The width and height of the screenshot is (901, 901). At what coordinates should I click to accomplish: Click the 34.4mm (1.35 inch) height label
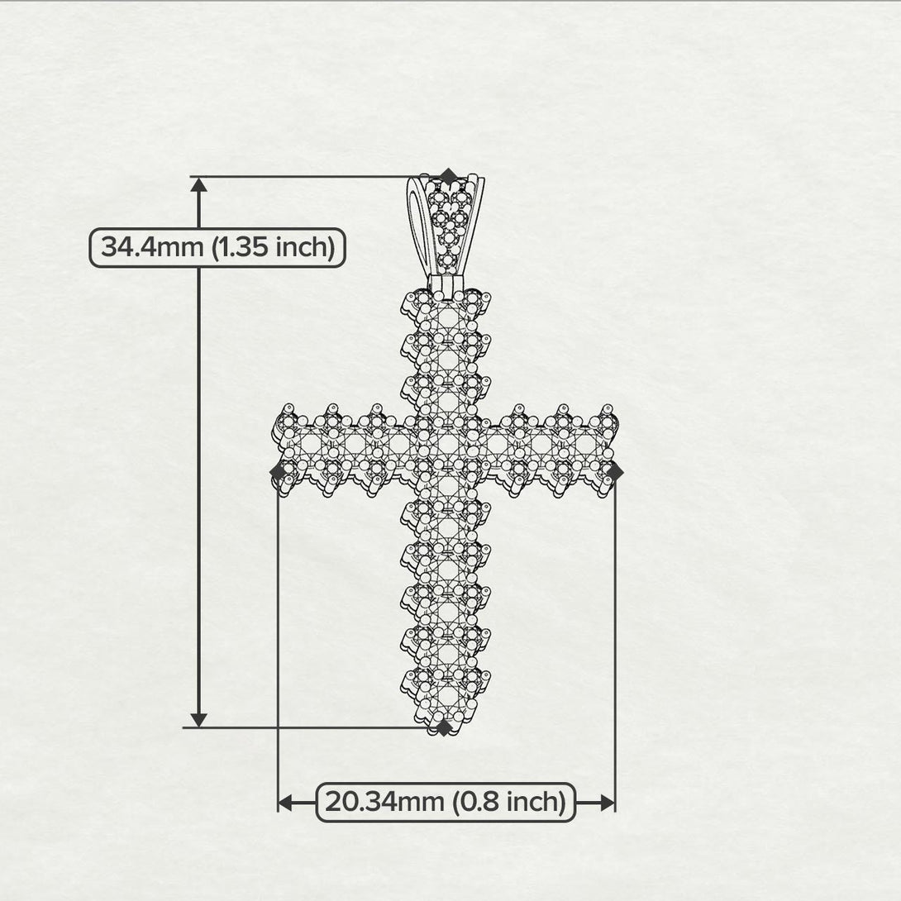pyautogui.click(x=217, y=247)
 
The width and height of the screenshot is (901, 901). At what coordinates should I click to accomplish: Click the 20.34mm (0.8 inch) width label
pyautogui.click(x=446, y=802)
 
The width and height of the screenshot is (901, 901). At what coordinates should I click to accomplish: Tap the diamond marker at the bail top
pyautogui.click(x=448, y=176)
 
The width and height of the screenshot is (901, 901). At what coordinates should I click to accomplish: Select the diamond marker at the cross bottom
pyautogui.click(x=444, y=727)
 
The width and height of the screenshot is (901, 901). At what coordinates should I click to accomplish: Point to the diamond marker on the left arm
pyautogui.click(x=279, y=471)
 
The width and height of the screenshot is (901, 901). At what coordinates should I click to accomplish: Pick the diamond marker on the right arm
pyautogui.click(x=614, y=470)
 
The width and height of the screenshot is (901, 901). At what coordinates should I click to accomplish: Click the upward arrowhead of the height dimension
pyautogui.click(x=198, y=184)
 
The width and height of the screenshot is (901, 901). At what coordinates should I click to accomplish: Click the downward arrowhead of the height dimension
pyautogui.click(x=198, y=718)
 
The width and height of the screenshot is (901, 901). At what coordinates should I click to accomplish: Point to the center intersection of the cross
pyautogui.click(x=447, y=446)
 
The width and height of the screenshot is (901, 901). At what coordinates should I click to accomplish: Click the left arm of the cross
pyautogui.click(x=339, y=446)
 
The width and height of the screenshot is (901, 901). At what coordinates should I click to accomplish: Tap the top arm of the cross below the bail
pyautogui.click(x=447, y=347)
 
